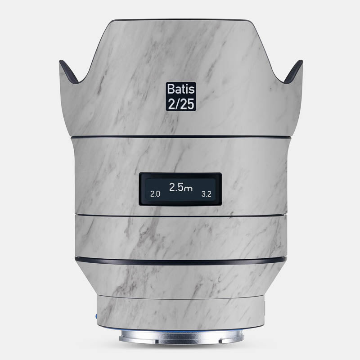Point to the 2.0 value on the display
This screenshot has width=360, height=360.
click(155, 194)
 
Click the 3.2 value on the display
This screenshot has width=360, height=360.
click(207, 194)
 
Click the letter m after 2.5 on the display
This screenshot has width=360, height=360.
click(189, 189)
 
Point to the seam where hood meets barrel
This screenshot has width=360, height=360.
click(180, 136)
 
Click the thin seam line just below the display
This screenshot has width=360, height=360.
click(180, 215)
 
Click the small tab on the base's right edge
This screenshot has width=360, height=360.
click(265, 310)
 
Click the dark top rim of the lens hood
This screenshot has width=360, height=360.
click(180, 20)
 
